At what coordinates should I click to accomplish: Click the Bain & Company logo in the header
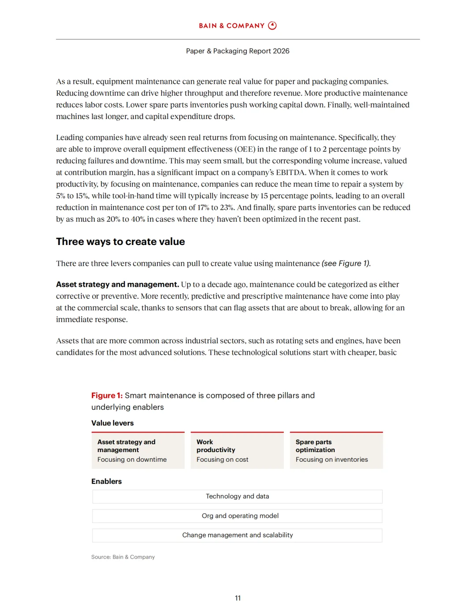pyautogui.click(x=238, y=26)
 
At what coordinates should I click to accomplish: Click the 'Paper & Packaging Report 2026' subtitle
pyautogui.click(x=238, y=51)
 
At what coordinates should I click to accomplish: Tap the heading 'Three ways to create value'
pyautogui.click(x=120, y=241)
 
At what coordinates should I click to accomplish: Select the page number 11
pyautogui.click(x=238, y=598)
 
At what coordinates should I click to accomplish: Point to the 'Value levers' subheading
pyautogui.click(x=112, y=423)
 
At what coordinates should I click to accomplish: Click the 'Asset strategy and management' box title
pyautogui.click(x=126, y=446)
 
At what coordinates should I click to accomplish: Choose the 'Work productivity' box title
pyautogui.click(x=216, y=446)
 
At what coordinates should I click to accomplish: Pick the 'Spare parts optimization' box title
pyautogui.click(x=315, y=446)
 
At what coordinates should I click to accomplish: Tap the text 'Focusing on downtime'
pyautogui.click(x=132, y=460)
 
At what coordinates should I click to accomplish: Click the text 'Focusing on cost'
pyautogui.click(x=222, y=460)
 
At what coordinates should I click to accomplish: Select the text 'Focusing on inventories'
pyautogui.click(x=331, y=460)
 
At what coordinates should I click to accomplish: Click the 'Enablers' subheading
pyautogui.click(x=106, y=482)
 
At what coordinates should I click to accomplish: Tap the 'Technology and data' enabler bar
pyautogui.click(x=237, y=497)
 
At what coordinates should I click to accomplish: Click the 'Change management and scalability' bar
pyautogui.click(x=237, y=535)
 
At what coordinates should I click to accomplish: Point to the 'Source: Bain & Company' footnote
pyautogui.click(x=123, y=557)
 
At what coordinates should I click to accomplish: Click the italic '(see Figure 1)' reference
pyautogui.click(x=346, y=263)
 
